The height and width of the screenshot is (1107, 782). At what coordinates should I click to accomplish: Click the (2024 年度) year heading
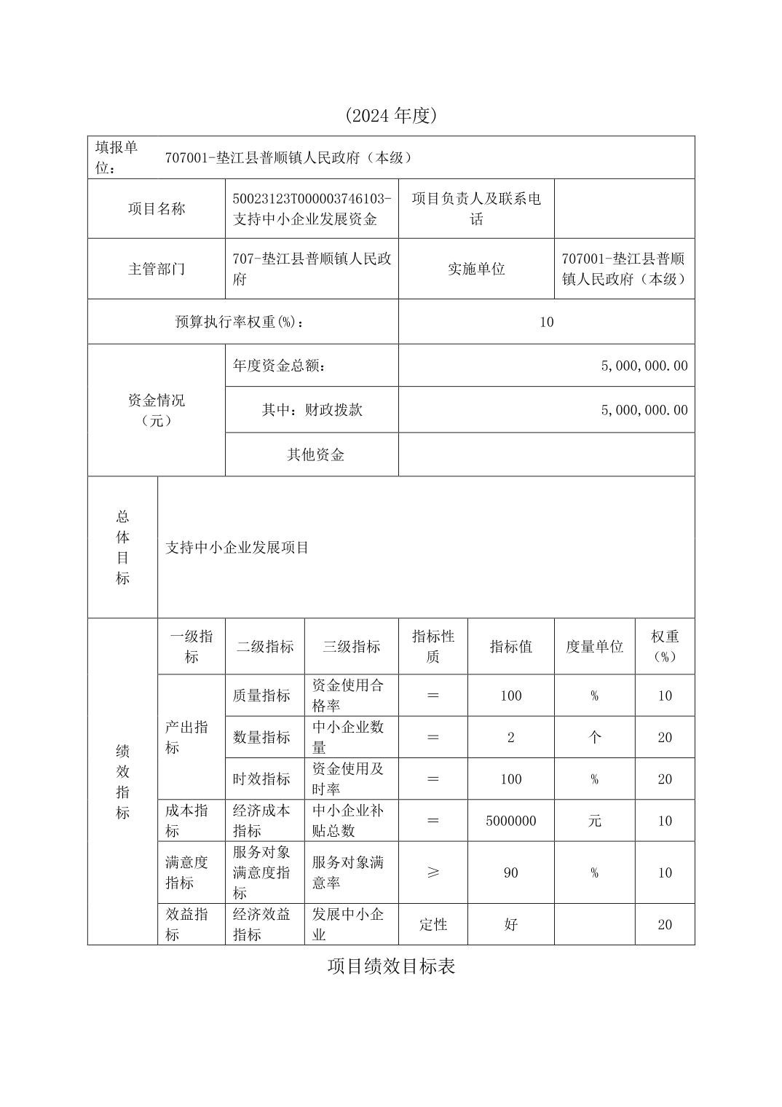[x=391, y=115]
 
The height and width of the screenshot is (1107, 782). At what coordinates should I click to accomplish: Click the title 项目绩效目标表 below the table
[x=391, y=966]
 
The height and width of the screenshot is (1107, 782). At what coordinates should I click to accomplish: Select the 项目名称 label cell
[x=157, y=209]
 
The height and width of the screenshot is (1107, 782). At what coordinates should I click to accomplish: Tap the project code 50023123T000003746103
[x=312, y=199]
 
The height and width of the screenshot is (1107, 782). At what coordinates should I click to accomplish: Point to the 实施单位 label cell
[x=476, y=269]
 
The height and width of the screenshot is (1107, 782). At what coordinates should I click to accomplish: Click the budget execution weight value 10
[x=546, y=322]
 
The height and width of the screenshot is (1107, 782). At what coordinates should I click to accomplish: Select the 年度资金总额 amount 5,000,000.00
[x=644, y=366]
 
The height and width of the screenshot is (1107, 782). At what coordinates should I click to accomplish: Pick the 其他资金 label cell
[x=315, y=455]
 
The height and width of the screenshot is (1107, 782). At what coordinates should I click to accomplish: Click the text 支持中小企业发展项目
[x=237, y=548]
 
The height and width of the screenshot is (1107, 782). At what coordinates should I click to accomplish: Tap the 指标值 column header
[x=510, y=647]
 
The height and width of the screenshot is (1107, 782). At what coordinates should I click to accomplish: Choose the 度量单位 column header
[x=594, y=647]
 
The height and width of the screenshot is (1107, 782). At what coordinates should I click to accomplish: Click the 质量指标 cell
[x=261, y=696]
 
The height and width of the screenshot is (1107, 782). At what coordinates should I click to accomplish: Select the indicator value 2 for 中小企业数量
[x=510, y=738]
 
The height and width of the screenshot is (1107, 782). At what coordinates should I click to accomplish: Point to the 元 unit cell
[x=594, y=821]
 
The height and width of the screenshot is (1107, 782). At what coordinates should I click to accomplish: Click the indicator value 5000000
[x=510, y=821]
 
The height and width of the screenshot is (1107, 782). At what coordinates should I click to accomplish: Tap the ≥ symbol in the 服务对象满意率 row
[x=433, y=872]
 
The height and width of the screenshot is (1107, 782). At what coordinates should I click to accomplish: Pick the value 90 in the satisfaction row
[x=510, y=872]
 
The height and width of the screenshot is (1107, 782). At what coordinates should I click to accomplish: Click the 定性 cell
[x=433, y=925]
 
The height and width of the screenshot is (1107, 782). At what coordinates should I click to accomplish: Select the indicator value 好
[x=510, y=925]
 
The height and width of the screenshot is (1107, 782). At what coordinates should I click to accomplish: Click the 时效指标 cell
[x=261, y=779]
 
